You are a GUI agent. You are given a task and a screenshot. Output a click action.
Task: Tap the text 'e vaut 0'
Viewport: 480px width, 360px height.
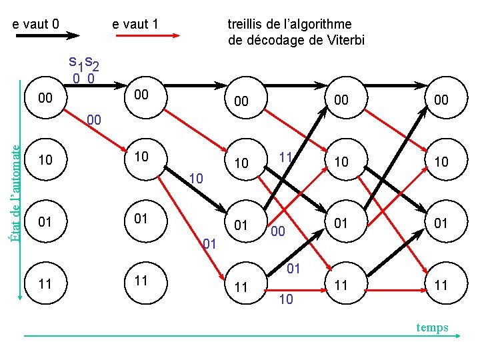[37, 24]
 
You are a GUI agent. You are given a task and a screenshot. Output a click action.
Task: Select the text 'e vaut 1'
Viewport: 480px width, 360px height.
[135, 24]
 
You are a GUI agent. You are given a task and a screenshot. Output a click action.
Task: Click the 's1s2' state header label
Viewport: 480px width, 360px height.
[84, 63]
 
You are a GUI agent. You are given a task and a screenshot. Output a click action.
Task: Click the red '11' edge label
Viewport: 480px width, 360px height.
[286, 157]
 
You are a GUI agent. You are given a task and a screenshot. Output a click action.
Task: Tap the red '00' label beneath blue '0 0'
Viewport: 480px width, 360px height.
[94, 121]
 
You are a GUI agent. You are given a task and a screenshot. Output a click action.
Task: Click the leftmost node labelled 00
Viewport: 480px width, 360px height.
[46, 99]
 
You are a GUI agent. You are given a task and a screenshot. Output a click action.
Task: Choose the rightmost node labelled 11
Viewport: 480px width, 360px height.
[441, 285]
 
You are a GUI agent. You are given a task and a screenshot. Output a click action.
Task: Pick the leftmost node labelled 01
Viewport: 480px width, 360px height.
[46, 222]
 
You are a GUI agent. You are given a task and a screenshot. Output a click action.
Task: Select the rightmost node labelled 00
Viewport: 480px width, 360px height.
[441, 100]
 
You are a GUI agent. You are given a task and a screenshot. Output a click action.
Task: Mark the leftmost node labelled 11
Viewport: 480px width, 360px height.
[46, 283]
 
